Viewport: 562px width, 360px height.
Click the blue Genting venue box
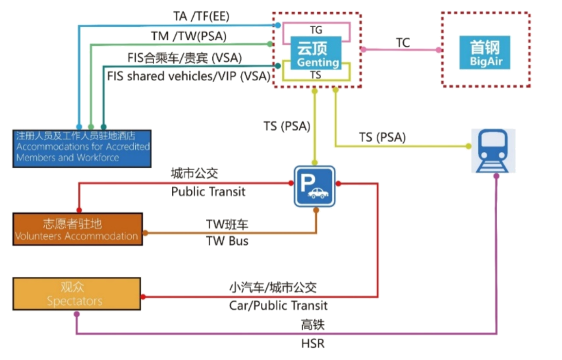[x=315, y=53]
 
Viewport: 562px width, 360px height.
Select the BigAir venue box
[x=485, y=53]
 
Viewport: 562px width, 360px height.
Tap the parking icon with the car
[x=315, y=186]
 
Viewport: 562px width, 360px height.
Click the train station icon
[x=493, y=151]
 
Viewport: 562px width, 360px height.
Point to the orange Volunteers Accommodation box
[x=78, y=229]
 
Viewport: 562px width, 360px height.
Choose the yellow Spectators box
[x=77, y=294]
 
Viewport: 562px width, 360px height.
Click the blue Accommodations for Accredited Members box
[x=82, y=149]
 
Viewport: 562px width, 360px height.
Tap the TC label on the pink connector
[x=403, y=43]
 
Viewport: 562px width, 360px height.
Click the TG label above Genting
[x=316, y=30]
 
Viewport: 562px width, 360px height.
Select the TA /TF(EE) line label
[x=201, y=16]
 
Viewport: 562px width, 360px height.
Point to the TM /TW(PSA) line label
[x=189, y=36]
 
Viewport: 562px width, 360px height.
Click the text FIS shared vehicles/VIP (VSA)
[x=189, y=76]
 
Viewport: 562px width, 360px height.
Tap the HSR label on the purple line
[x=312, y=343]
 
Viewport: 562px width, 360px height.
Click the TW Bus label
[x=227, y=241]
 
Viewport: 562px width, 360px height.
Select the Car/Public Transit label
[x=278, y=305]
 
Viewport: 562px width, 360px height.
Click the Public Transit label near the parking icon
[x=208, y=192]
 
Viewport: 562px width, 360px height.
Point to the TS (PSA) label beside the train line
[x=382, y=137]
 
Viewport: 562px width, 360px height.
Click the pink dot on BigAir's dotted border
[x=439, y=50]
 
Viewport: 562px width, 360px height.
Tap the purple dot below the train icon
[x=496, y=176]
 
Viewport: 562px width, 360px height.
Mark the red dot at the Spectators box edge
[x=143, y=297]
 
